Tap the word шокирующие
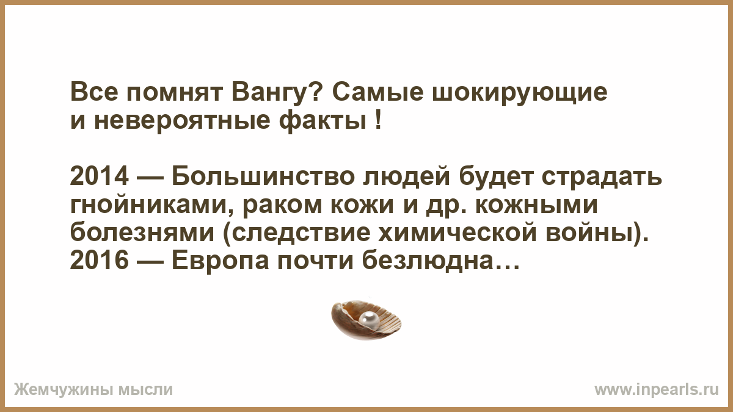(520, 93)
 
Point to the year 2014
(99, 177)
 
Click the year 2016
(99, 261)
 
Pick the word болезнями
(142, 233)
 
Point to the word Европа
(221, 261)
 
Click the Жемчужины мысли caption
(93, 390)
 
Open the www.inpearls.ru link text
(657, 390)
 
